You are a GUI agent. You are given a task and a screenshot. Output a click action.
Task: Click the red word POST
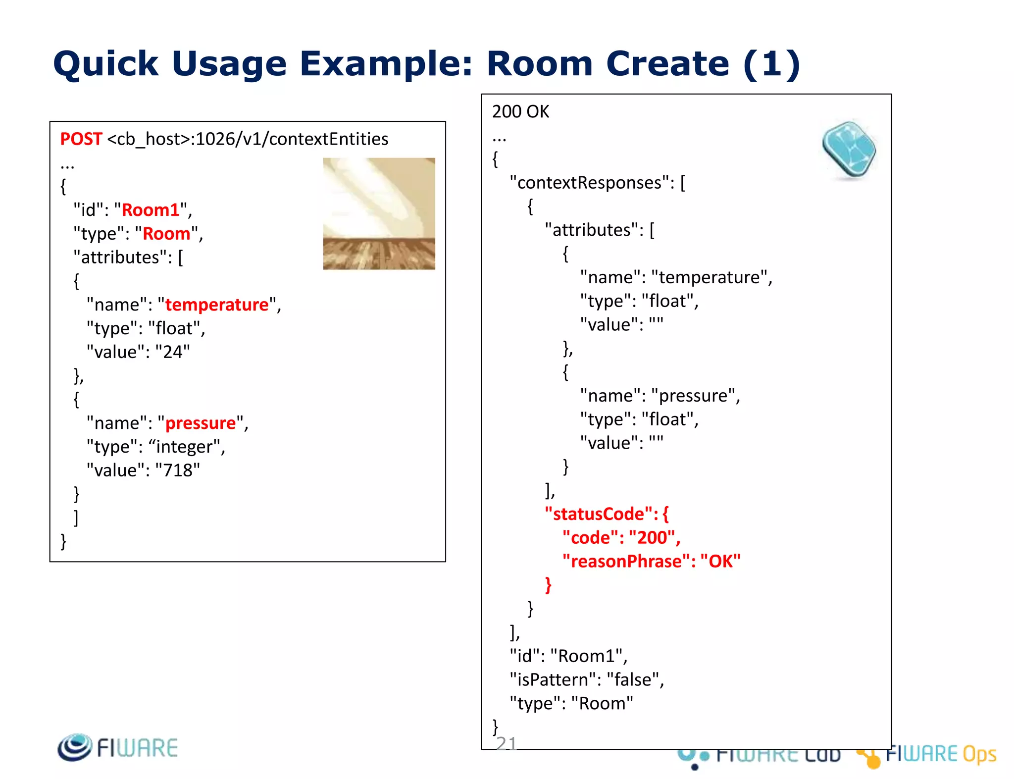81,139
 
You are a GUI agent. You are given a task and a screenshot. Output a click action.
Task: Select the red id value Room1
151,210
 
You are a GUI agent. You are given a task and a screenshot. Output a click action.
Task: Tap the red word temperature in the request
217,305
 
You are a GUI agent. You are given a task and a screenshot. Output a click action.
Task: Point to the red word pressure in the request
201,423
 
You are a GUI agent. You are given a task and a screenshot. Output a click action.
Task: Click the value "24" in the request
172,352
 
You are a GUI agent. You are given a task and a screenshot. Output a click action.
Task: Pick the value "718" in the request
177,470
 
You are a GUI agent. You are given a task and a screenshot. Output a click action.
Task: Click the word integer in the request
185,447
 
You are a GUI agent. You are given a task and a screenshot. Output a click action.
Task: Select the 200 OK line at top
520,112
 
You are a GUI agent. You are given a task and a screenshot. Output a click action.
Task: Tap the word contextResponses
589,183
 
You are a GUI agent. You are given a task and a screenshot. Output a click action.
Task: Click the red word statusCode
599,514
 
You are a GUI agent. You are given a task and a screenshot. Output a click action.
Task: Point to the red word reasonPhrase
627,561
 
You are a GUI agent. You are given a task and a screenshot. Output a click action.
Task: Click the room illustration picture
379,213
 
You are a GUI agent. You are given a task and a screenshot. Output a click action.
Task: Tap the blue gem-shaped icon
849,150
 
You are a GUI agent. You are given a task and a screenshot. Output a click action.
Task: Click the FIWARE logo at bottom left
118,747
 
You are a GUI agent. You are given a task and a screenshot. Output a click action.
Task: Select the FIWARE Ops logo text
940,754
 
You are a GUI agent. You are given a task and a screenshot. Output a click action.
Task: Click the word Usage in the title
229,64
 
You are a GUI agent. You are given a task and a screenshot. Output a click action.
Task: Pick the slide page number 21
506,743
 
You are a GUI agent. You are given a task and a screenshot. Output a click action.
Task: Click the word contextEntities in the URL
328,139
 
